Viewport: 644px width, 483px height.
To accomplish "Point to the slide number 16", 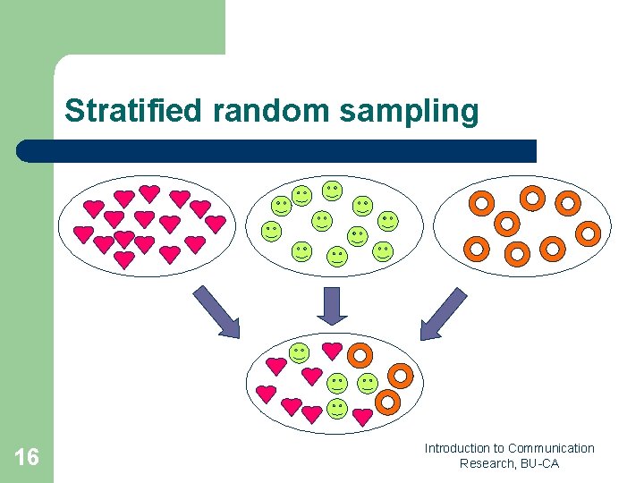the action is point(27,458).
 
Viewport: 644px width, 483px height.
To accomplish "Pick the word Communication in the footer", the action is point(551,448).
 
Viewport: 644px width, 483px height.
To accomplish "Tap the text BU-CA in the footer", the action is point(541,463).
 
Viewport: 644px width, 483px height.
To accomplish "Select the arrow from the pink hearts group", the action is point(216,312).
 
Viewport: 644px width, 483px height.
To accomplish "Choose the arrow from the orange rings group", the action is point(444,314).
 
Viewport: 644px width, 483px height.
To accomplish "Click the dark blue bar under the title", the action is point(277,150).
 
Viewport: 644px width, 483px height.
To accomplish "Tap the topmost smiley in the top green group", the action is point(332,190).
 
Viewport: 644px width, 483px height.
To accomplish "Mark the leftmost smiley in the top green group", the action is point(270,232).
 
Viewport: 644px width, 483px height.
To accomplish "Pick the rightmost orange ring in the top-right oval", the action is point(588,233).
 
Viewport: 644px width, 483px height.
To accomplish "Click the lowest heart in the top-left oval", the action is point(124,258).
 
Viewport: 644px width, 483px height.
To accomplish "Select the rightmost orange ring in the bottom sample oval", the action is point(401,376).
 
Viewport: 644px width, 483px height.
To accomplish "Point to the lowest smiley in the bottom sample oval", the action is point(336,409).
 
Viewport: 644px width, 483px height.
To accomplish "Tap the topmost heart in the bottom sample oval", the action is point(332,351).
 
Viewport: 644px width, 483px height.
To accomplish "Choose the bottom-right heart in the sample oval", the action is point(362,416).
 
